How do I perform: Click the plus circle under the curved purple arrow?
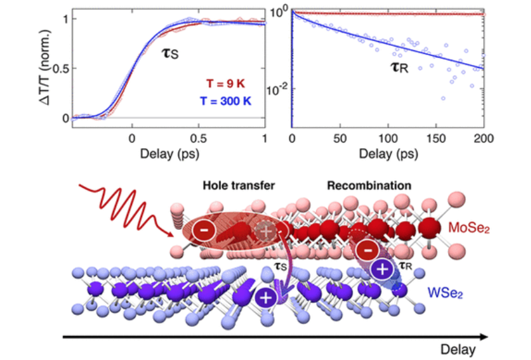265,298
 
